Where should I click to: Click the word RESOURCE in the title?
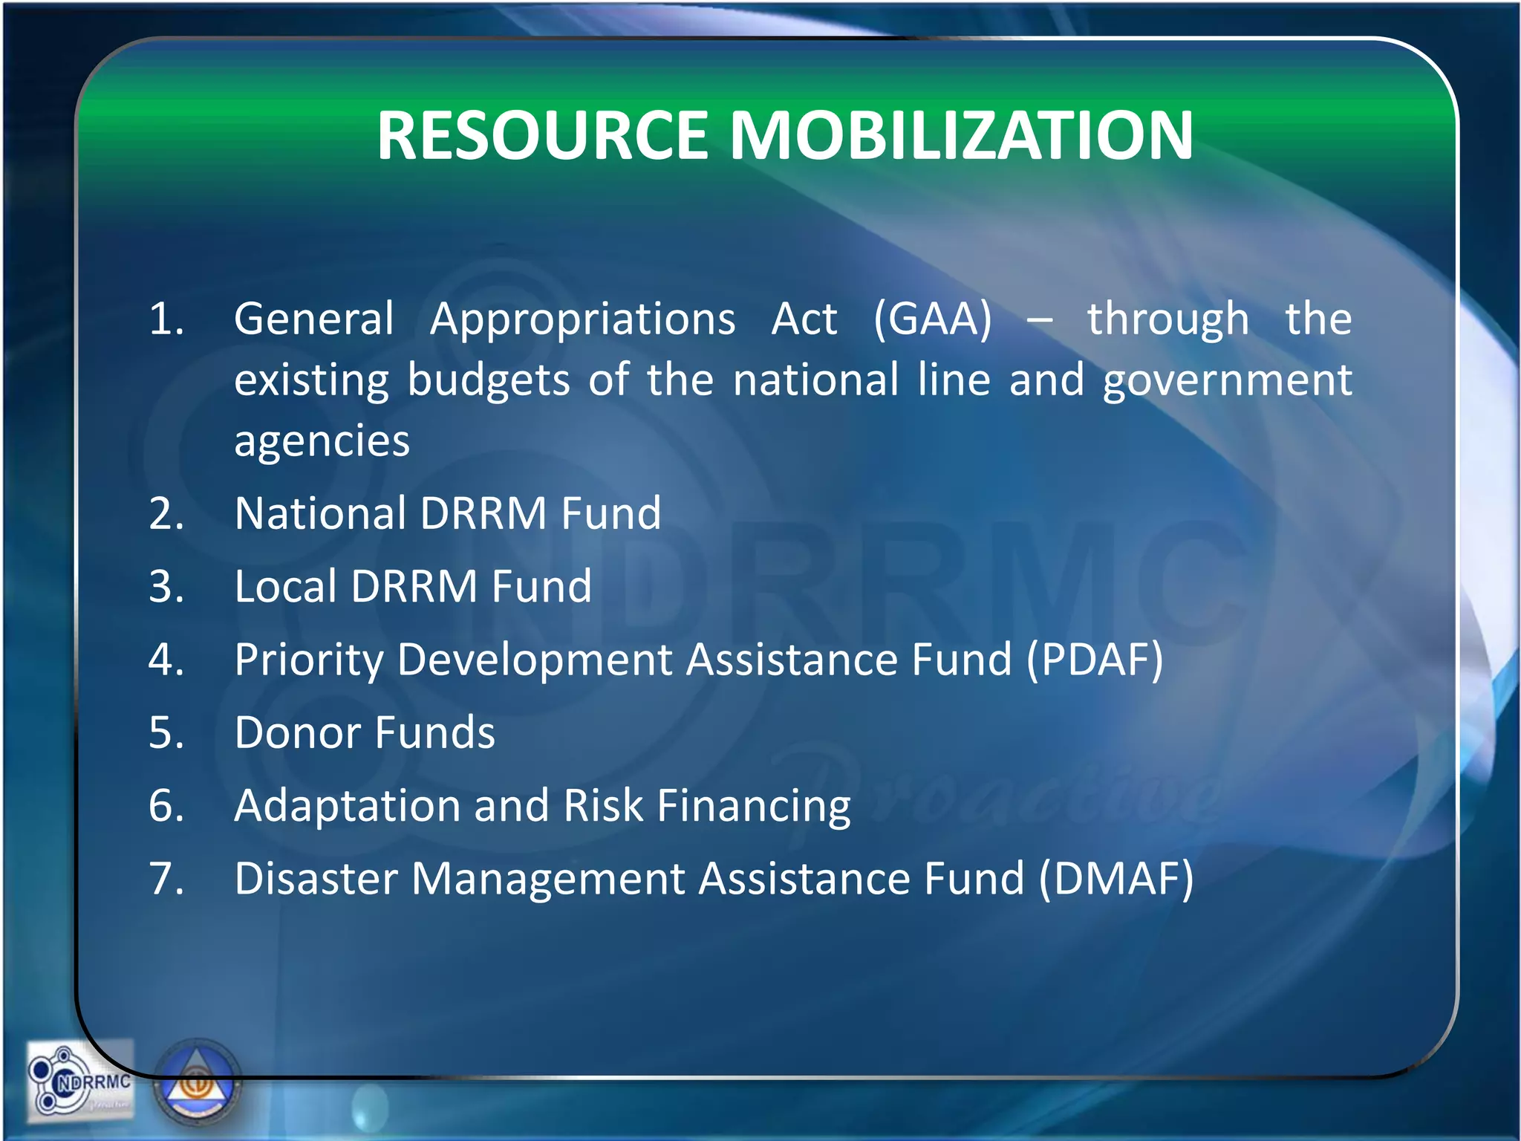pyautogui.click(x=542, y=135)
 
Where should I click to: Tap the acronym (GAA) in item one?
pyautogui.click(x=932, y=319)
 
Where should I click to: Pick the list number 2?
pyautogui.click(x=165, y=513)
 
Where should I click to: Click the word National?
pyautogui.click(x=320, y=513)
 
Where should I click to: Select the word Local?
pyautogui.click(x=285, y=586)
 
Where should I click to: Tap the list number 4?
pyautogui.click(x=165, y=659)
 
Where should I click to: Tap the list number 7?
pyautogui.click(x=165, y=878)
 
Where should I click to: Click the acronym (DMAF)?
pyautogui.click(x=1115, y=879)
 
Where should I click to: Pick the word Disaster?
pyautogui.click(x=316, y=878)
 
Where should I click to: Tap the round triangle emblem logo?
pyautogui.click(x=198, y=1083)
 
